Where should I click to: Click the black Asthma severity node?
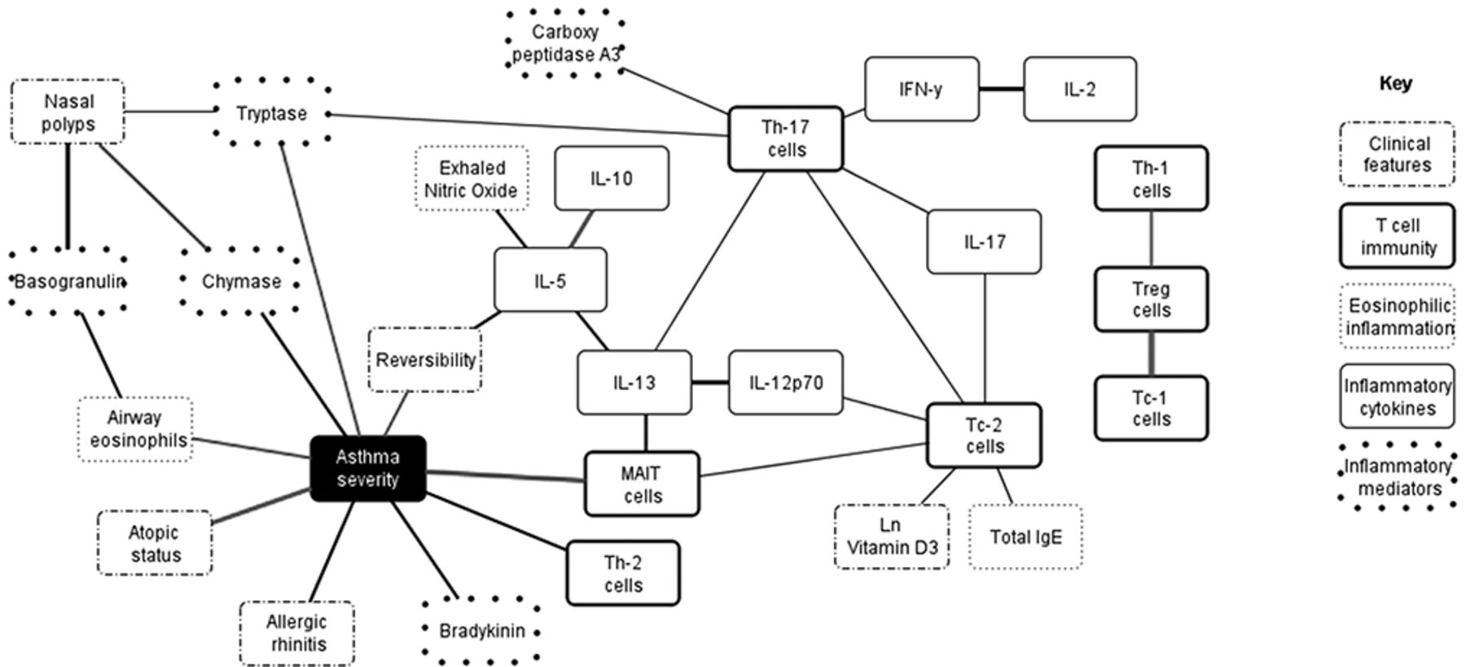click(x=367, y=468)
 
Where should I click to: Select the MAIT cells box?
click(x=642, y=485)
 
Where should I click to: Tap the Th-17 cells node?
click(x=785, y=138)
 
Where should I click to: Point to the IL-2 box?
click(x=1079, y=89)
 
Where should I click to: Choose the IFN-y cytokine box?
click(x=921, y=89)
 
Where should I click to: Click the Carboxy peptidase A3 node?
click(x=565, y=43)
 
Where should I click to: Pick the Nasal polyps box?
click(x=68, y=112)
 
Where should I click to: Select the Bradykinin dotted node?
click(x=482, y=631)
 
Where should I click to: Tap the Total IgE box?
click(x=1025, y=537)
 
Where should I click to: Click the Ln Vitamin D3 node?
click(x=891, y=537)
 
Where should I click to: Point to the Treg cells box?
click(x=1151, y=300)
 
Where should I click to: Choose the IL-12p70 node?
click(x=785, y=383)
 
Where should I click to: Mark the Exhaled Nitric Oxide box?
click(x=471, y=179)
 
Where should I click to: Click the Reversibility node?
click(x=425, y=360)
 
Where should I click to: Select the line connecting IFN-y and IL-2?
click(x=1001, y=89)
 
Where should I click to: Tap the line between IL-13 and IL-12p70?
click(x=709, y=383)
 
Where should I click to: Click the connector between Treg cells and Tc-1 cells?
click(x=1151, y=353)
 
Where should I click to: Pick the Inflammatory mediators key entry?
click(x=1398, y=477)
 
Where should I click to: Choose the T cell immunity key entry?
click(x=1398, y=236)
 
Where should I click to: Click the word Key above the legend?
click(x=1395, y=83)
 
